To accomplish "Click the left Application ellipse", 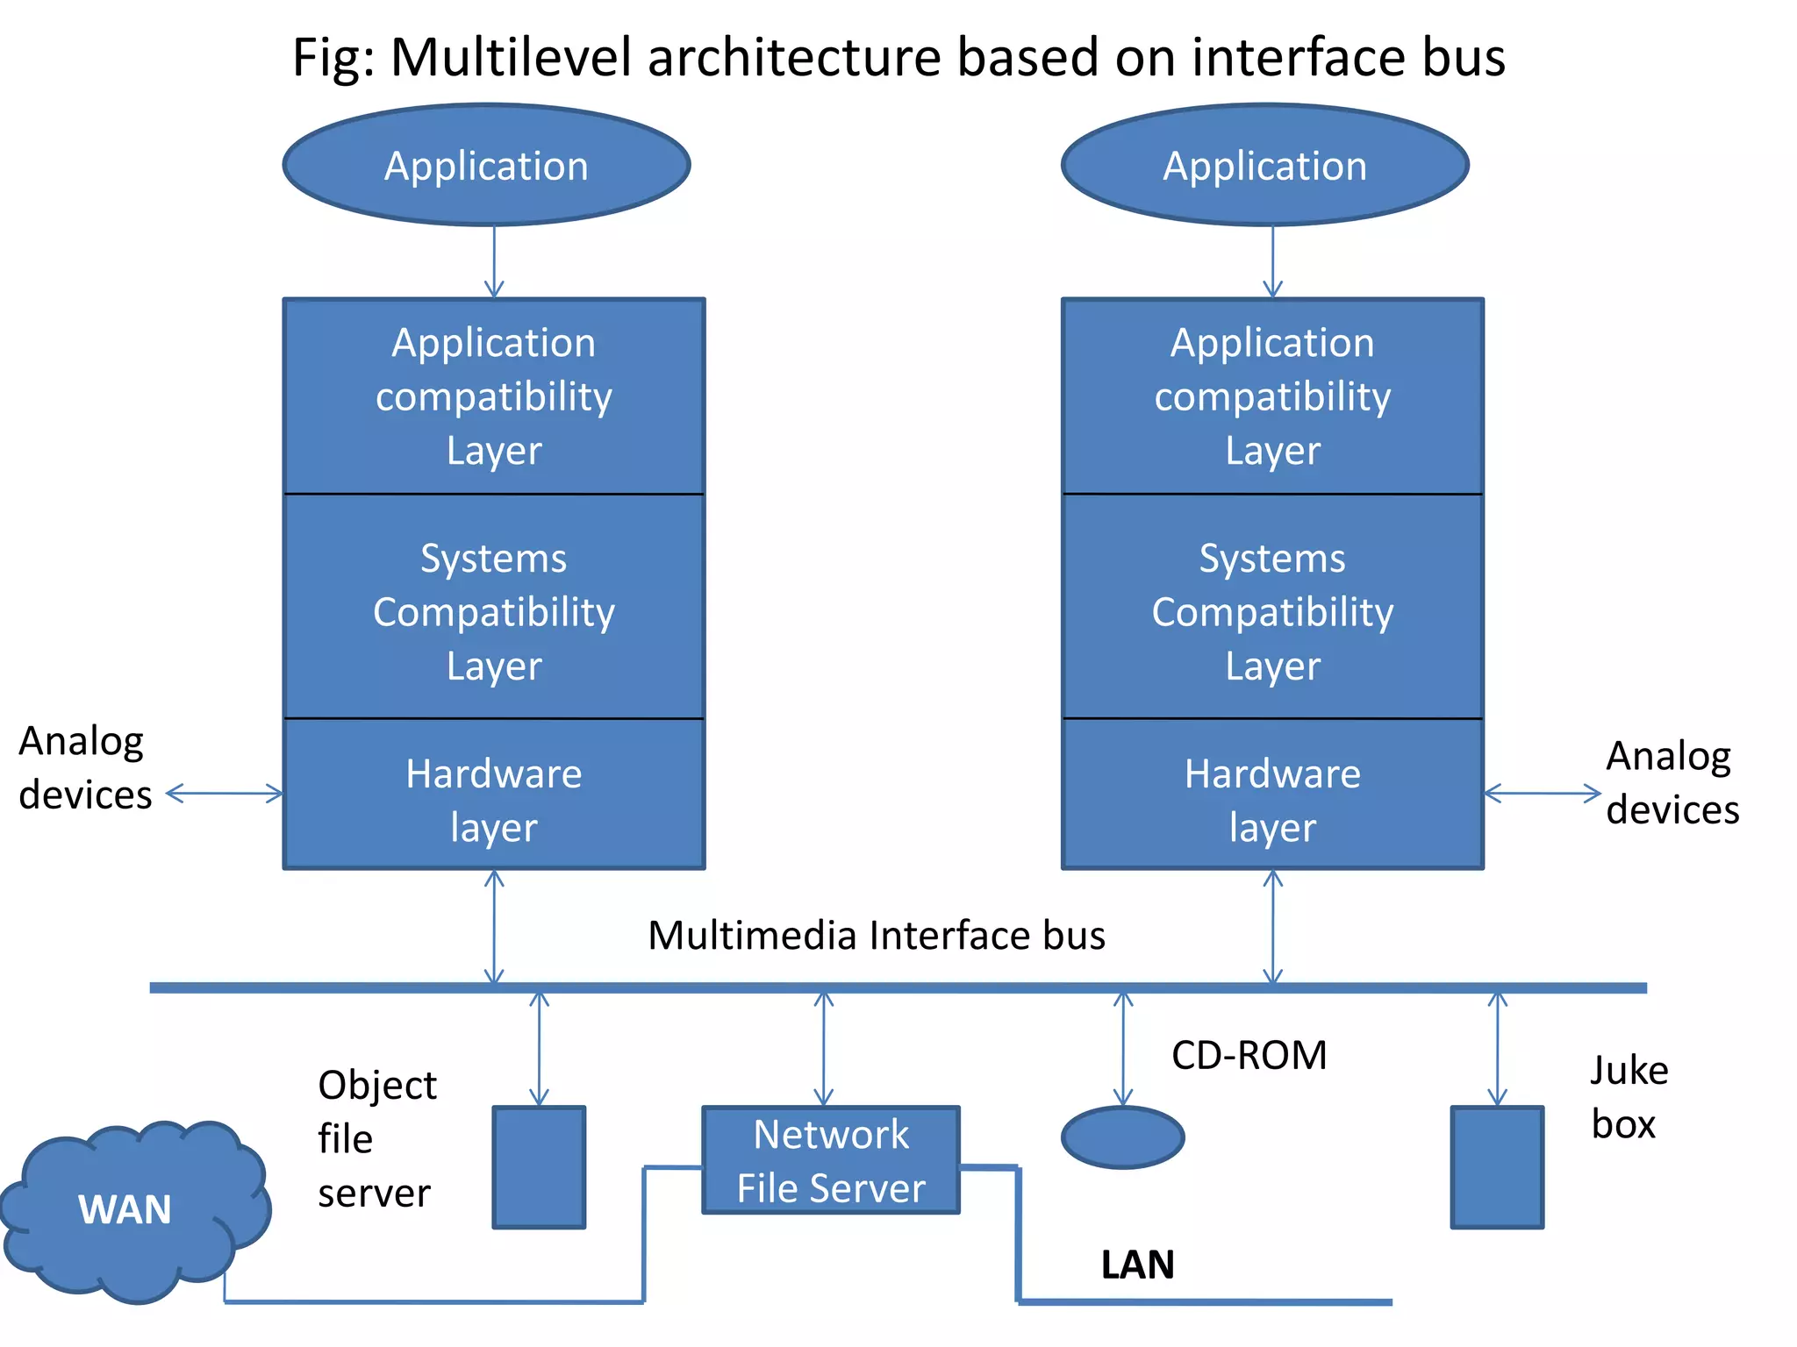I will [x=486, y=165].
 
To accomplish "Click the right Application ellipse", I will [x=1264, y=165].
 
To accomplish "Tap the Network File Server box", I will [x=830, y=1160].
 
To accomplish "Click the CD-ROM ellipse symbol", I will [x=1122, y=1137].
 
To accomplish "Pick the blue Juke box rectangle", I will [x=1496, y=1166].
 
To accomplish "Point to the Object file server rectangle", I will [x=539, y=1166].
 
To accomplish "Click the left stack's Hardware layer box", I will [x=494, y=795].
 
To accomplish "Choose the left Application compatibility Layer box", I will [x=494, y=396].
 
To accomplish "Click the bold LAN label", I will [x=1137, y=1265].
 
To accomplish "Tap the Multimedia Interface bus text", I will [x=876, y=935].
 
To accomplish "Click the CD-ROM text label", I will [x=1249, y=1055].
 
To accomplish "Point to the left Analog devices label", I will [x=84, y=768].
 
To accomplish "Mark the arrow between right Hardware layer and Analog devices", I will [x=1542, y=794].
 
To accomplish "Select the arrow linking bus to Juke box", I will [x=1497, y=1049].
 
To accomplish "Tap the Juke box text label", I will [x=1628, y=1096].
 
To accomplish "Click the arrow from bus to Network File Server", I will [x=823, y=1049].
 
